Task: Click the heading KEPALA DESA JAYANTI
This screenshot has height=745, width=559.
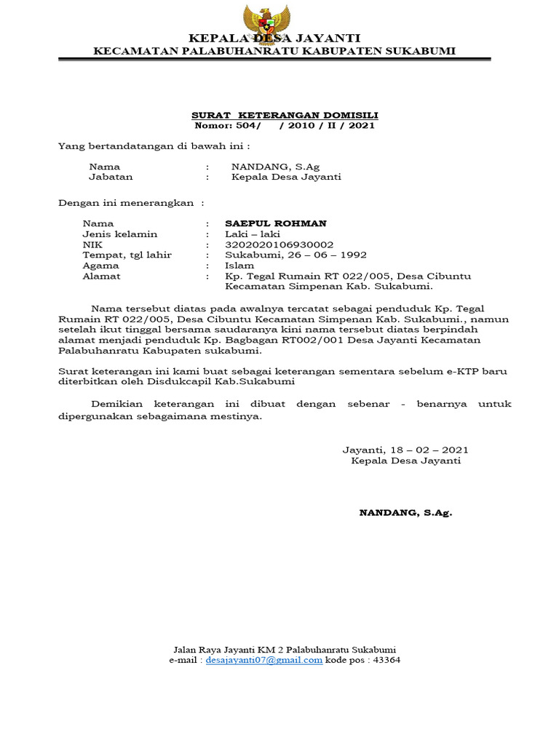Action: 274,39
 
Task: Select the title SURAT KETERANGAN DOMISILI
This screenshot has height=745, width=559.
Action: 285,116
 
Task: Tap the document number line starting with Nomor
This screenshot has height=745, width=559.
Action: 285,126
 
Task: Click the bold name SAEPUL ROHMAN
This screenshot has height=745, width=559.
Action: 276,223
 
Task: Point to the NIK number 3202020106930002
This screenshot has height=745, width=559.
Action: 279,245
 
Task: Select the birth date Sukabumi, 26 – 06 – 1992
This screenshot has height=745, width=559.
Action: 296,255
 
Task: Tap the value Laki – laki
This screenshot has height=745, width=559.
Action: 253,234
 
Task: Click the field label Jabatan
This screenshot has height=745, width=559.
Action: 111,177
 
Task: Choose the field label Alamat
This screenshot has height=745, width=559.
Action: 102,276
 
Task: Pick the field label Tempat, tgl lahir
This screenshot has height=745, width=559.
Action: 127,255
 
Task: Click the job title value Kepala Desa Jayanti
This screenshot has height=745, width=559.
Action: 286,177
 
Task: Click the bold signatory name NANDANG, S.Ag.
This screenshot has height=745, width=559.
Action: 405,513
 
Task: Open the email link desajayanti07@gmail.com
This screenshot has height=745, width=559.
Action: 264,660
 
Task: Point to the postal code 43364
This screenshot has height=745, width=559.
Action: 386,660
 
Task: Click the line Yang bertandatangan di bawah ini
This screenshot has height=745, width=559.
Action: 153,146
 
